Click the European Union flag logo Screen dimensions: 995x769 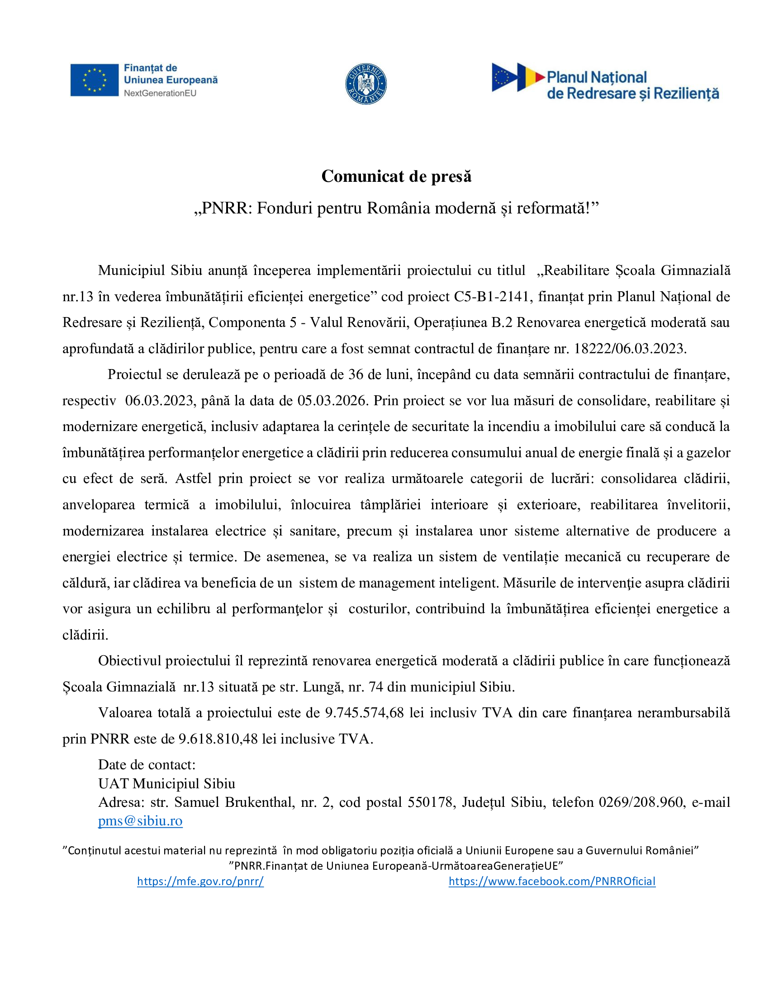94,80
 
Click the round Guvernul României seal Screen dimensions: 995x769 366,84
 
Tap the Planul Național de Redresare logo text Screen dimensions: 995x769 632,85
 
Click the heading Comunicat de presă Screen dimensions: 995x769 396,176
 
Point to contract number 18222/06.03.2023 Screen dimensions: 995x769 629,349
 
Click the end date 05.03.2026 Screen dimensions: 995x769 332,400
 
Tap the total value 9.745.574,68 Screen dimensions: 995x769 364,712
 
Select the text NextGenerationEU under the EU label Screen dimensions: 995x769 160,93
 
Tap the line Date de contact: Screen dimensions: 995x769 147,764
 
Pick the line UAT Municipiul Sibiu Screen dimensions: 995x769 167,783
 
